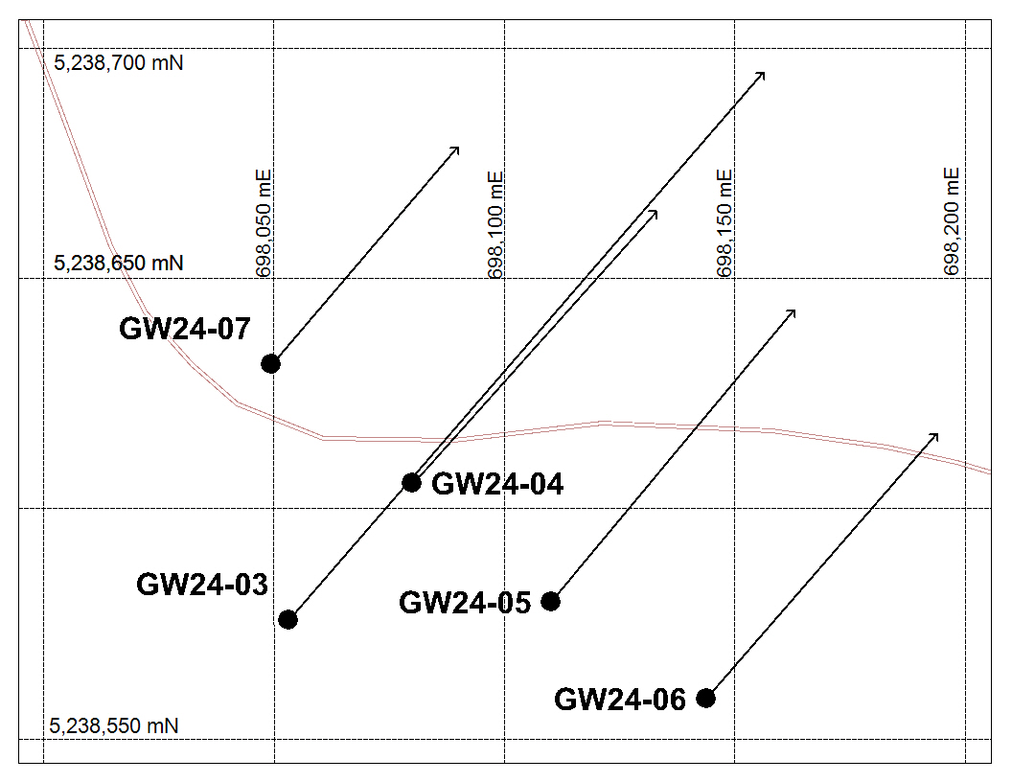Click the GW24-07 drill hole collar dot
pyautogui.click(x=270, y=364)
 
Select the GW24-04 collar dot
pyautogui.click(x=411, y=482)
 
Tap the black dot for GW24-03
pyautogui.click(x=287, y=619)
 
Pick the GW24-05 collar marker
pyautogui.click(x=550, y=601)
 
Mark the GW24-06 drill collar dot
pyautogui.click(x=705, y=698)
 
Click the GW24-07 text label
pyautogui.click(x=185, y=329)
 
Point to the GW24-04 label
pyautogui.click(x=497, y=484)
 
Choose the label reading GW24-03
pyautogui.click(x=202, y=585)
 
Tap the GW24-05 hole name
pyautogui.click(x=465, y=603)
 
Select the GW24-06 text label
pyautogui.click(x=620, y=700)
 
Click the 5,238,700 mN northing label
pyautogui.click(x=119, y=63)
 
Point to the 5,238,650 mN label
pyautogui.click(x=119, y=264)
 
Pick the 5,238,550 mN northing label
pyautogui.click(x=114, y=725)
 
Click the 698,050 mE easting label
pyautogui.click(x=264, y=223)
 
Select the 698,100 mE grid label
pyautogui.click(x=495, y=224)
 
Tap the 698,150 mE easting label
pyautogui.click(x=724, y=223)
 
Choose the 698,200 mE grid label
pyautogui.click(x=952, y=221)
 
